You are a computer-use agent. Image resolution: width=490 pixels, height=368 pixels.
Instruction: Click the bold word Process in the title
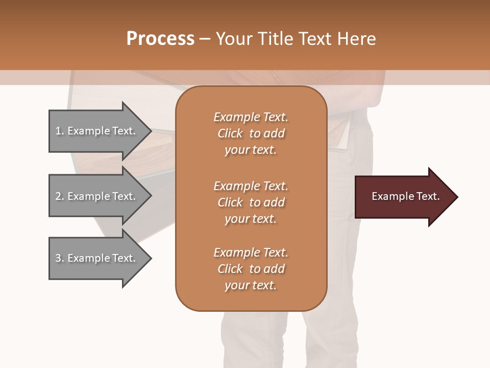tap(160, 38)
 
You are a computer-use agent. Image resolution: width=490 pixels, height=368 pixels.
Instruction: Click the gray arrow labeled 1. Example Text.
tap(95, 131)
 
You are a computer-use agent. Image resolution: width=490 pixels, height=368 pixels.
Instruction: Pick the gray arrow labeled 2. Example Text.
tap(95, 196)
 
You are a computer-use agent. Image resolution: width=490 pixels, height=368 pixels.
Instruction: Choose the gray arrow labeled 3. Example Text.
tap(95, 258)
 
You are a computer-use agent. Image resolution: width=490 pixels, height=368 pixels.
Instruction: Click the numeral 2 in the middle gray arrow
tap(58, 196)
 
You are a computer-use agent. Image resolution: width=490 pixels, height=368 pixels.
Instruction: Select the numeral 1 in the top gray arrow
tap(58, 131)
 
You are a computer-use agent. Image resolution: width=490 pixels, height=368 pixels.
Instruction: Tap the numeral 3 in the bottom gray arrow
tap(58, 258)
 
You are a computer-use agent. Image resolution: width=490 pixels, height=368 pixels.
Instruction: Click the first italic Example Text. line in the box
tap(251, 117)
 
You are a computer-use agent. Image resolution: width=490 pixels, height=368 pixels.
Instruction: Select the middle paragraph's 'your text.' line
tap(251, 219)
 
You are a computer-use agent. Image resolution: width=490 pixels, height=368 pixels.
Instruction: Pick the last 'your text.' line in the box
tap(251, 285)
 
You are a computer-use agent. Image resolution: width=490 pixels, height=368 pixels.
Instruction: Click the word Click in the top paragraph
tap(230, 133)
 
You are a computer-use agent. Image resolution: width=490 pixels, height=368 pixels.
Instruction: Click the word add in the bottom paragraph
tap(274, 269)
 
